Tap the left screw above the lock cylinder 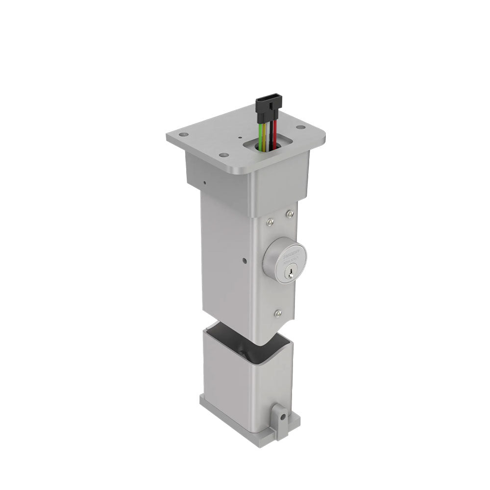pos(271,222)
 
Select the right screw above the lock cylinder pos(290,214)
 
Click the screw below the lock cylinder pos(278,313)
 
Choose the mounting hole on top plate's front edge pos(224,155)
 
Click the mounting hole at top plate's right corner pos(300,127)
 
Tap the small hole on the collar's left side pos(204,184)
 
